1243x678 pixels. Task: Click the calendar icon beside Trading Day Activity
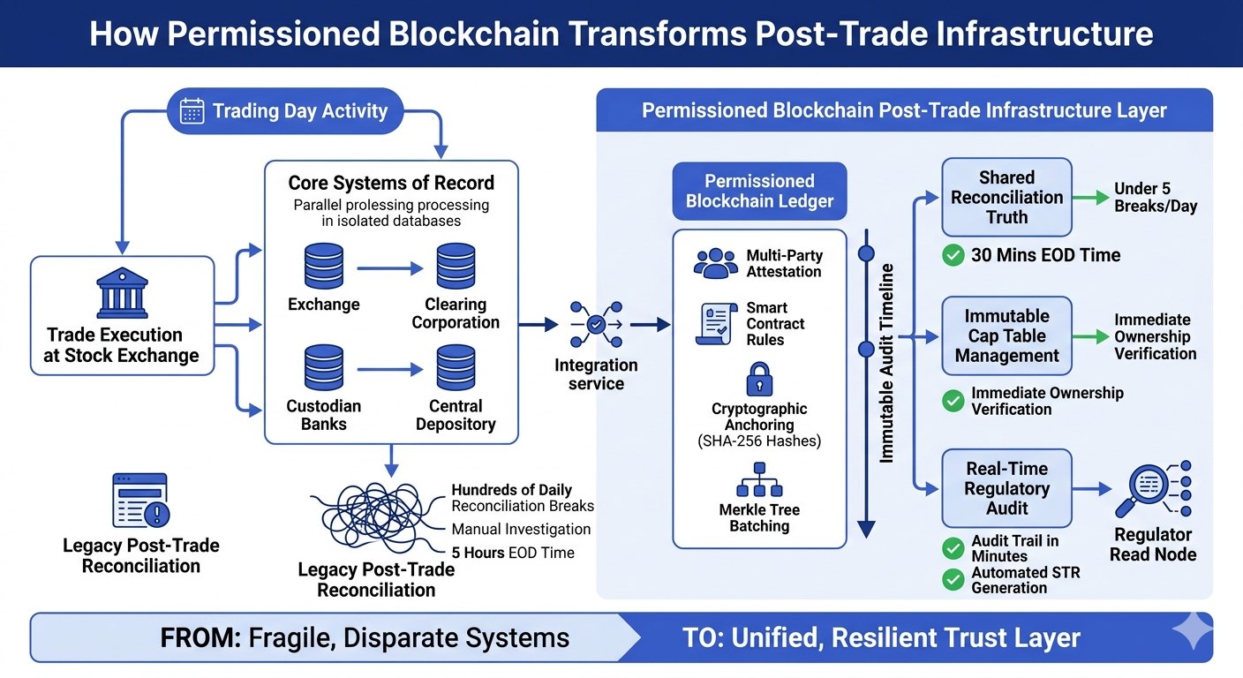pyautogui.click(x=192, y=111)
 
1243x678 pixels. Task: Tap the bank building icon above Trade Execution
pyautogui.click(x=122, y=293)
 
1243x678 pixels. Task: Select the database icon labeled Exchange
pyautogui.click(x=323, y=267)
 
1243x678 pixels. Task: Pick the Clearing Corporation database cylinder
pyautogui.click(x=456, y=267)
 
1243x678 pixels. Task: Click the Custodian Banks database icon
pyautogui.click(x=323, y=369)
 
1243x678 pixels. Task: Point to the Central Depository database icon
pyautogui.click(x=456, y=369)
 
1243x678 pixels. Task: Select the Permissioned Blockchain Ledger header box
pyautogui.click(x=759, y=191)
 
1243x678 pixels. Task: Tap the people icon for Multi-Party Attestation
pyautogui.click(x=715, y=263)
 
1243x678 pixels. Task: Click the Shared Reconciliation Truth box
pyautogui.click(x=1006, y=197)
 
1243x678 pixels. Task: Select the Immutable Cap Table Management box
pyautogui.click(x=1006, y=335)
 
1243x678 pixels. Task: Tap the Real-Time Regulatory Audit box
pyautogui.click(x=1006, y=488)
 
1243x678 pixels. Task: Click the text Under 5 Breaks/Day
pyautogui.click(x=1155, y=197)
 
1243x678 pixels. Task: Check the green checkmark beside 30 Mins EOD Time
pyautogui.click(x=953, y=256)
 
